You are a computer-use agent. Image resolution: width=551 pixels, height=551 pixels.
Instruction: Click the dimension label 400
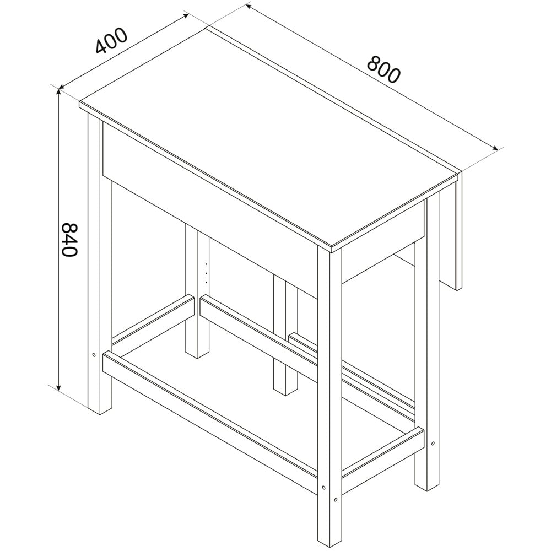[x=111, y=40]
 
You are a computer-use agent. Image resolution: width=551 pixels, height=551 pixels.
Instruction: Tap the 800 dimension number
[x=383, y=69]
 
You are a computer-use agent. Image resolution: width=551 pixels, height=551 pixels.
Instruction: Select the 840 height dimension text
[x=69, y=239]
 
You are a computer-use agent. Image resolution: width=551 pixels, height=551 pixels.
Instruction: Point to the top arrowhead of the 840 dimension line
[x=59, y=91]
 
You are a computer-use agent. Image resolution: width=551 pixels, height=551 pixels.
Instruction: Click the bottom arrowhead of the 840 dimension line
[x=59, y=387]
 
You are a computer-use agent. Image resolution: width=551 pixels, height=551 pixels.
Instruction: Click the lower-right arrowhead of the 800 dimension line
[x=495, y=148]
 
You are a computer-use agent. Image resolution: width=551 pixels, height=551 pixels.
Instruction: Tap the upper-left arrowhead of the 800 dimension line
[x=248, y=6]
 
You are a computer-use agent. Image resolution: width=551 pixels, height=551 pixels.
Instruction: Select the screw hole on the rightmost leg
[x=433, y=444]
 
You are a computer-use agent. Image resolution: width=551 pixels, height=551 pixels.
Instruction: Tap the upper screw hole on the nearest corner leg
[x=323, y=488]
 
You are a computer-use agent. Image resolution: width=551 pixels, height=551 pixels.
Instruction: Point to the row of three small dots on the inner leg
[x=206, y=272]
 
